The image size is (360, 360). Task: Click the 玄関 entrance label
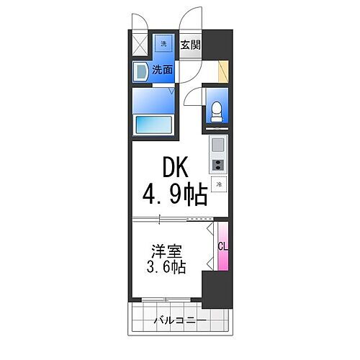pos(190,45)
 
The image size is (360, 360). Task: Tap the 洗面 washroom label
pos(162,70)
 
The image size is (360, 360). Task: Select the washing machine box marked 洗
pos(163,45)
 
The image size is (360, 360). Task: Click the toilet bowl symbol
pos(216,110)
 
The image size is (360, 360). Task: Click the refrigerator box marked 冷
pos(218,183)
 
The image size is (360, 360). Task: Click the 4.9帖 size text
pos(175,195)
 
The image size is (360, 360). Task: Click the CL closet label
pos(223,246)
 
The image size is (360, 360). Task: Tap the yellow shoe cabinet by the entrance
pos(224,71)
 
